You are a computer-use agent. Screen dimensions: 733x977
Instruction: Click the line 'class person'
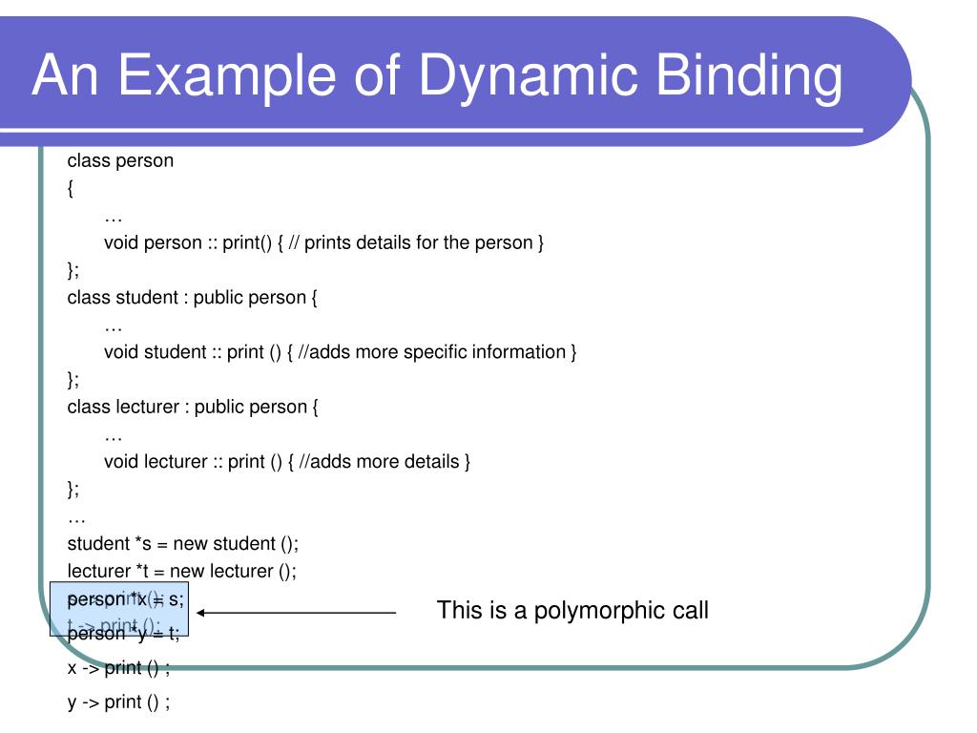(120, 160)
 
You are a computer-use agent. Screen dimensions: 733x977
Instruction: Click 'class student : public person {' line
(192, 297)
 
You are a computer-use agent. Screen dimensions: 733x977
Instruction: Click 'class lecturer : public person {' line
(192, 408)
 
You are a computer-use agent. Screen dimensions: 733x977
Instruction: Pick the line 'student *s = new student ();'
(183, 544)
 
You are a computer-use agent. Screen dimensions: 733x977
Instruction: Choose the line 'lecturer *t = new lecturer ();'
(182, 572)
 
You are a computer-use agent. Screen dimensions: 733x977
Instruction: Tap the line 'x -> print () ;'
(118, 668)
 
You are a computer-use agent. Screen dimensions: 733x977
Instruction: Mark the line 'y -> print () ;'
(118, 703)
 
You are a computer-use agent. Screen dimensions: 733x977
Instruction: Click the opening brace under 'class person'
(72, 188)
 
